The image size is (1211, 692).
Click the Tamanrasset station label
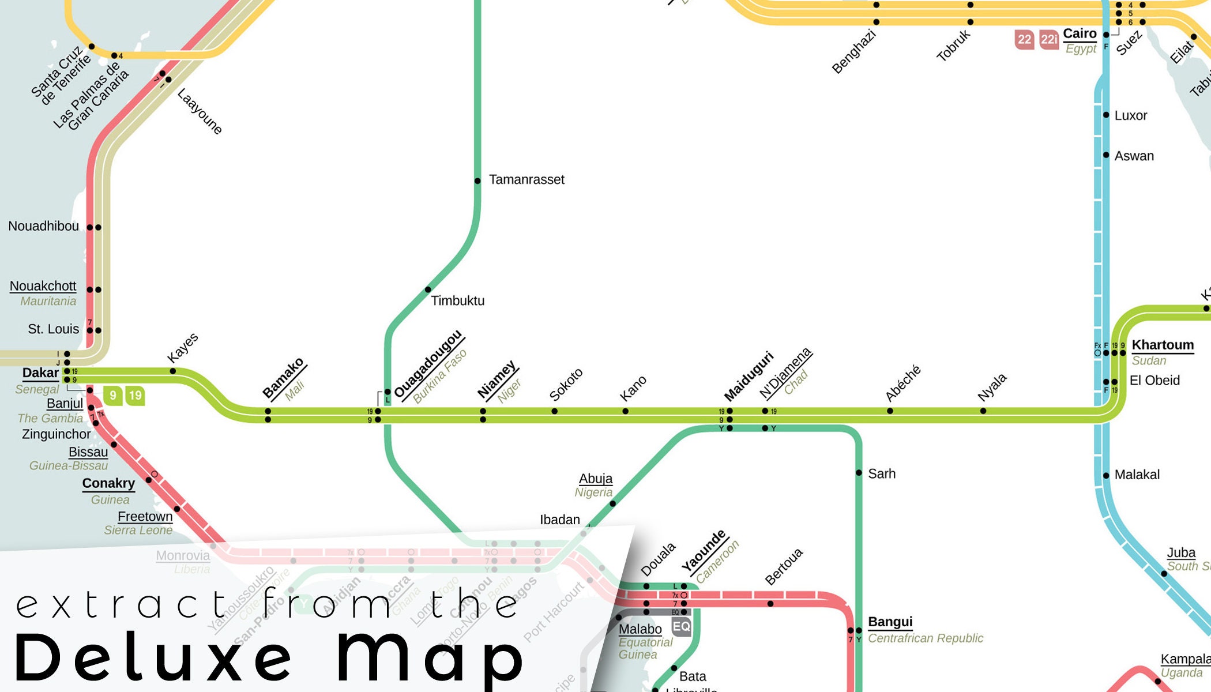tap(526, 180)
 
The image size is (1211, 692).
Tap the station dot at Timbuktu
tap(428, 289)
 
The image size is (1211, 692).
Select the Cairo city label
tap(1080, 33)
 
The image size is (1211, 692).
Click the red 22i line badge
tap(1049, 39)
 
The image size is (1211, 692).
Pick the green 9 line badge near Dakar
tap(113, 396)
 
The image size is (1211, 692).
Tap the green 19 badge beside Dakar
tap(135, 396)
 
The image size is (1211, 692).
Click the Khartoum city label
tap(1163, 345)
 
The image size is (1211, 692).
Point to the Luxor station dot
tap(1106, 115)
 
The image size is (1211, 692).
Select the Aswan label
tap(1134, 156)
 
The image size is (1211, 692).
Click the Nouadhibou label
tap(43, 226)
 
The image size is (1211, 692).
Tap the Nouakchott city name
tap(43, 286)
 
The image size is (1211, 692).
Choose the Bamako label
tap(283, 378)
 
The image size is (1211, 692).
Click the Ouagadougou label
tap(428, 364)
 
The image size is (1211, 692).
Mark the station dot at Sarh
tap(859, 473)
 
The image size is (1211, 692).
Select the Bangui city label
tap(890, 622)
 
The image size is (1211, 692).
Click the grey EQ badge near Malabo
tap(681, 626)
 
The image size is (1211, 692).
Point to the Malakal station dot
tap(1106, 476)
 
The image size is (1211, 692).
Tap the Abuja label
tap(596, 479)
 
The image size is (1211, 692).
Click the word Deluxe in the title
tap(153, 657)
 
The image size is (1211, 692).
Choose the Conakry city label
tap(108, 483)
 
